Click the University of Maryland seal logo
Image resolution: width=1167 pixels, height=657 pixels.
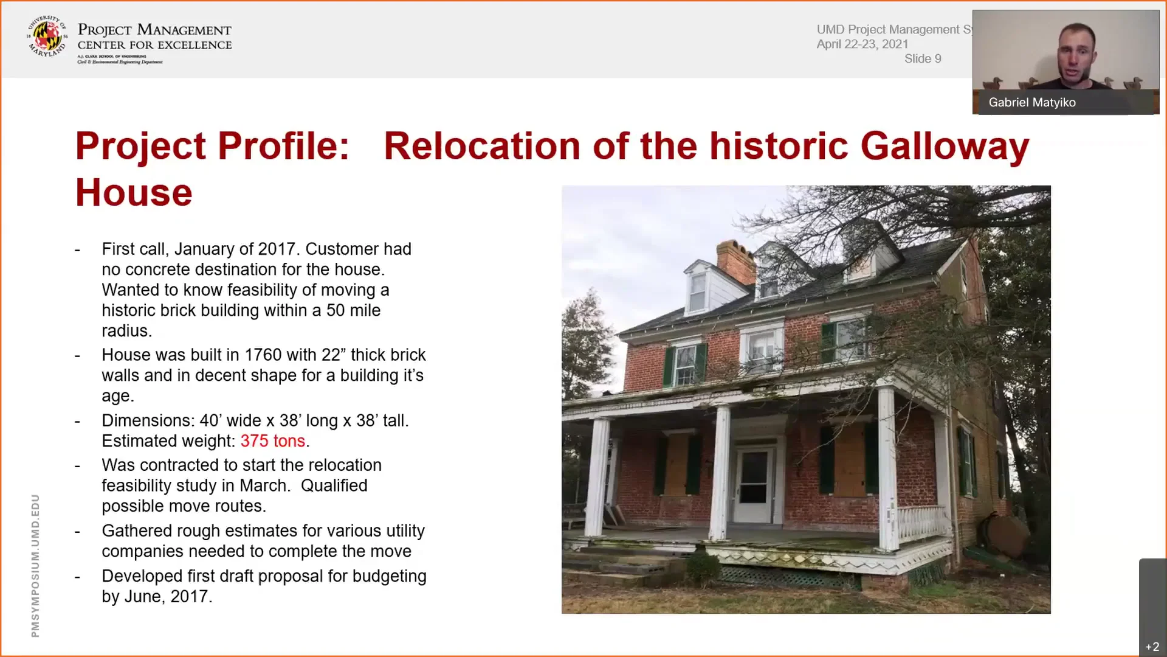pos(47,36)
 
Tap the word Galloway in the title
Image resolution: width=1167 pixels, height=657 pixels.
pos(945,147)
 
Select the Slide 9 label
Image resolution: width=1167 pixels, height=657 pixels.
pos(922,59)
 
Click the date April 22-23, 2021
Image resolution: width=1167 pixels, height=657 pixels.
pos(862,44)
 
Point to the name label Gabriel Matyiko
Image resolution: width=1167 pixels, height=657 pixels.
pos(1031,103)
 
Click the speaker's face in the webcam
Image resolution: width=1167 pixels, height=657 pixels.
pos(1077,52)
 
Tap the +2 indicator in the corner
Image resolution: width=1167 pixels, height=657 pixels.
pos(1152,647)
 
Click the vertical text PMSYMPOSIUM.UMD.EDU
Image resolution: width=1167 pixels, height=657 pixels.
pos(35,565)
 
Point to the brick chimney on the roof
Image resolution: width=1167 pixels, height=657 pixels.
pos(735,262)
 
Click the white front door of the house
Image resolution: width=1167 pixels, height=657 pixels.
pos(754,484)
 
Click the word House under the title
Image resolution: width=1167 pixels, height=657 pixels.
pos(134,193)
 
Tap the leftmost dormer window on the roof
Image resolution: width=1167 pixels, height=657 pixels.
pos(698,289)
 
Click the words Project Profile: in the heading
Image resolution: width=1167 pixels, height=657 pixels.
pos(212,147)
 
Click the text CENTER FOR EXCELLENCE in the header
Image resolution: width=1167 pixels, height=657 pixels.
pos(154,45)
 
